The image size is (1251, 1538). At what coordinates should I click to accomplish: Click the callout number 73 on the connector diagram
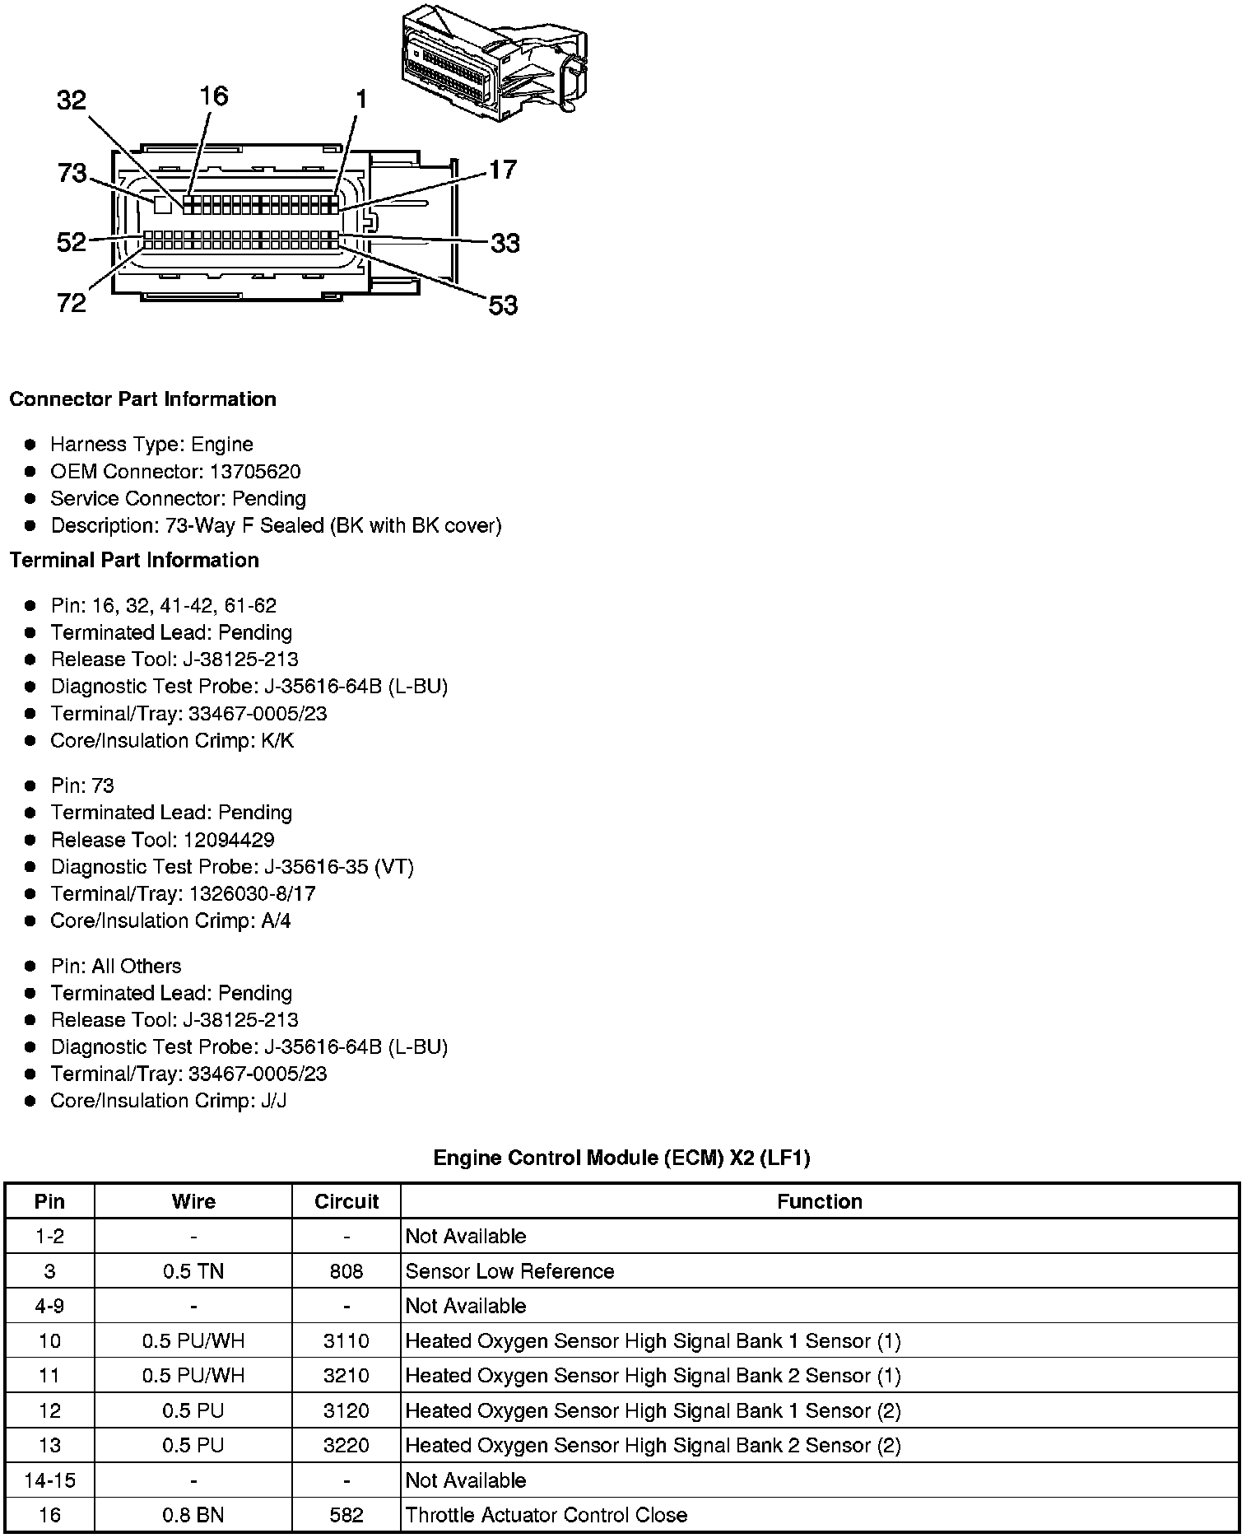[72, 173]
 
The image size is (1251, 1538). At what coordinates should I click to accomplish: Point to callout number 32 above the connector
[72, 100]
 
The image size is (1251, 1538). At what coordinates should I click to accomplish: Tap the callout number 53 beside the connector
[503, 305]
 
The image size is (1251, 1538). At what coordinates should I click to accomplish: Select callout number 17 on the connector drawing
[502, 170]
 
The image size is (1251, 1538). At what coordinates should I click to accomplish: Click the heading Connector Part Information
[142, 399]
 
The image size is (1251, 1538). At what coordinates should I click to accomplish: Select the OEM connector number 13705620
[256, 472]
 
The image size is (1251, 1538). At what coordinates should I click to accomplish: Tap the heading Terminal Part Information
[134, 561]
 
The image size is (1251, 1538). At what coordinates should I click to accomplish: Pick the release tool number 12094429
[226, 840]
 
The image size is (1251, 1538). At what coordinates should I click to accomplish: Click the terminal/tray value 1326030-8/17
[252, 894]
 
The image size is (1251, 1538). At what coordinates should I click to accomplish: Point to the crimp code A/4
[276, 921]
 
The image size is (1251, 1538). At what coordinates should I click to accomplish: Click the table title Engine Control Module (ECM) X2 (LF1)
[621, 1158]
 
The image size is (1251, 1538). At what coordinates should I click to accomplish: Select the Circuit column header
[346, 1202]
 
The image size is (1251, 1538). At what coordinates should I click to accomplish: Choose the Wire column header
[193, 1202]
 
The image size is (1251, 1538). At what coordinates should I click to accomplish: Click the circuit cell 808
[346, 1271]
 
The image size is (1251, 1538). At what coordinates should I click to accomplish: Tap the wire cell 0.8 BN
[193, 1515]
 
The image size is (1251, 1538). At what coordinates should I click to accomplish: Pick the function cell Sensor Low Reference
[509, 1271]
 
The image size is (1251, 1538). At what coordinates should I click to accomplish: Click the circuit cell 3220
[346, 1446]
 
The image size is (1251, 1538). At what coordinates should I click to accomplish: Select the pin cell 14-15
[49, 1480]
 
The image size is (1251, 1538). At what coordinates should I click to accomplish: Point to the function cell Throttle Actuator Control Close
[546, 1515]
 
